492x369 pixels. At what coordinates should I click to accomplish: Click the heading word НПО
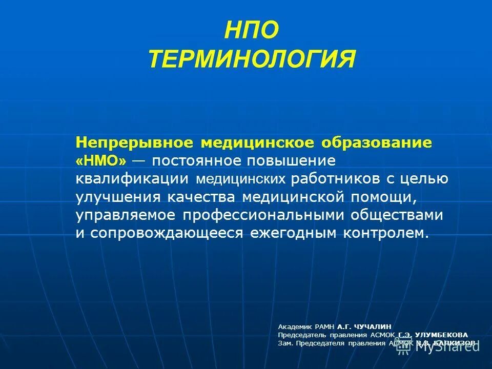click(252, 31)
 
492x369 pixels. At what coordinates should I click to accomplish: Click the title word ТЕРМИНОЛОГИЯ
click(252, 59)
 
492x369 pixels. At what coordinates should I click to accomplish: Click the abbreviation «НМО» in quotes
click(101, 160)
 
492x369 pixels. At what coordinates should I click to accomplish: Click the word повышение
click(292, 160)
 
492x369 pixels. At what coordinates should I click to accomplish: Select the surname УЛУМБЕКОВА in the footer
click(441, 335)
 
